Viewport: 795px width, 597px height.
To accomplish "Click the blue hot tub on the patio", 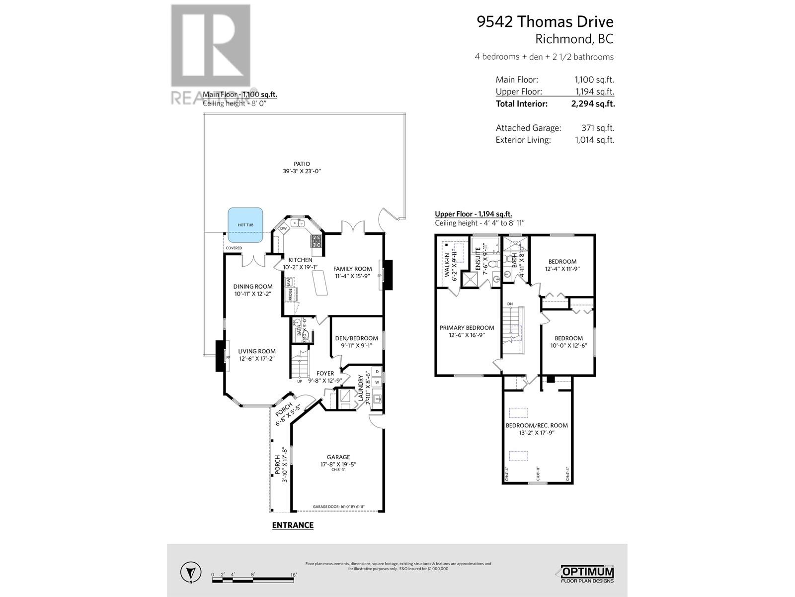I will coord(245,225).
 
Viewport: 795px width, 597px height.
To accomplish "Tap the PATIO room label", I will coord(302,164).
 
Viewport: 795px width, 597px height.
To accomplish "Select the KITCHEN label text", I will coord(301,260).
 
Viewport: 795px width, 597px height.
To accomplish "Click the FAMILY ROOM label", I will coord(352,269).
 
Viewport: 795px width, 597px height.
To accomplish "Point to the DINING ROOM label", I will coord(253,287).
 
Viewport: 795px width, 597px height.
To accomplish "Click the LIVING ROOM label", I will coord(256,351).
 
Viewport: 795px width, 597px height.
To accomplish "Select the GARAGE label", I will coord(338,457).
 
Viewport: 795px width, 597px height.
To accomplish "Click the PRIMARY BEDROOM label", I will coord(467,328).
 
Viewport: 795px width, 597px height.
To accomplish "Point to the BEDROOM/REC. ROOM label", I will coord(537,425).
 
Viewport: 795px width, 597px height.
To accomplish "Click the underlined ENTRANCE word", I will coord(293,525).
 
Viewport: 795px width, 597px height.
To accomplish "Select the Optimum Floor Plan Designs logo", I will coord(587,574).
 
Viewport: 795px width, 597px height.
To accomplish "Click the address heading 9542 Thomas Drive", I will coord(545,22).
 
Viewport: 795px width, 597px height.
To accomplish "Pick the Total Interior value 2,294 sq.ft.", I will coord(593,104).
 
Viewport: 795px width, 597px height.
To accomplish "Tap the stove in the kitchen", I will coord(317,241).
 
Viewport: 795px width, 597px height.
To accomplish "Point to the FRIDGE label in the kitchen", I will coord(290,294).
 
